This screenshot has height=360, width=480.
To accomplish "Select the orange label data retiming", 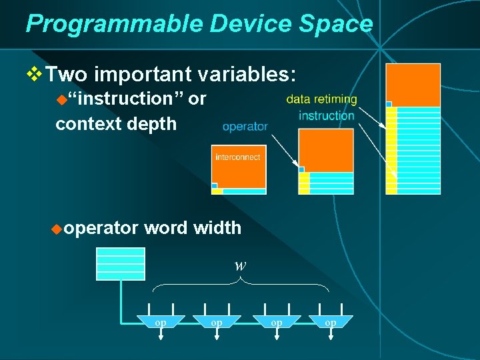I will click(321, 99).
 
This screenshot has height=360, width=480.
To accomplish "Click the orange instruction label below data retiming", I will click(327, 116).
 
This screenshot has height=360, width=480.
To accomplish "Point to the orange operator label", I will click(245, 126).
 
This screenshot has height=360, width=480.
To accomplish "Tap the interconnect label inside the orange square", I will click(238, 157).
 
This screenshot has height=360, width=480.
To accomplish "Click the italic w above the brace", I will click(241, 265).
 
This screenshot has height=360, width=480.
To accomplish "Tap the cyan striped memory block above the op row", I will click(121, 263).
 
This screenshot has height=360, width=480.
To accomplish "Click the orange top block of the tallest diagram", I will click(413, 85).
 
